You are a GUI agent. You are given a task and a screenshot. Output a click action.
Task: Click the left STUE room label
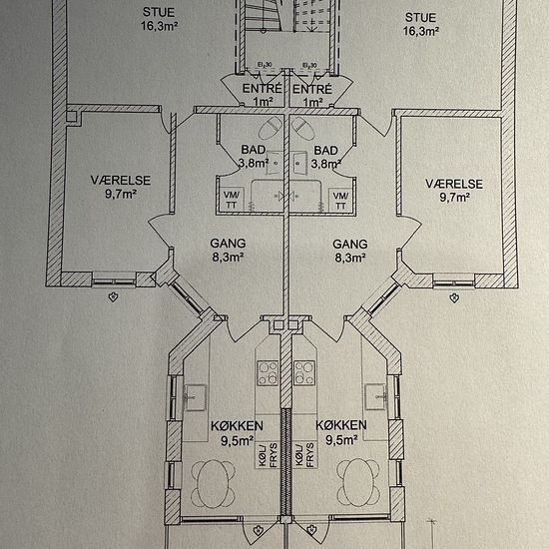point(159,12)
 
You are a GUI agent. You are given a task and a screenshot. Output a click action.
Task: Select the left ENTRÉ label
point(263,89)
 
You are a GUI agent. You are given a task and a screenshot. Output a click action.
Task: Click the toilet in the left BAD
point(271,128)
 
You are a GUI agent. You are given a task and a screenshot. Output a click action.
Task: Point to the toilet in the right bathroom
point(303,128)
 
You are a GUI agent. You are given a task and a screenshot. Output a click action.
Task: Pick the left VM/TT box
point(232,200)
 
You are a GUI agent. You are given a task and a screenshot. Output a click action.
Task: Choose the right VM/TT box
point(340,201)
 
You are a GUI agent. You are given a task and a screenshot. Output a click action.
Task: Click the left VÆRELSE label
point(121,181)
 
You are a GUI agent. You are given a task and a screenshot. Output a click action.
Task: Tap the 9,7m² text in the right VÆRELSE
point(454,198)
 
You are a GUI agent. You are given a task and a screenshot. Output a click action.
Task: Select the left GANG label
point(228,243)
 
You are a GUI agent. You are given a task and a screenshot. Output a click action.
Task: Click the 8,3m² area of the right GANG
point(350,259)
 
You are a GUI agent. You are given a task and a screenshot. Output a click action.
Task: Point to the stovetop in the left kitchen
point(268,373)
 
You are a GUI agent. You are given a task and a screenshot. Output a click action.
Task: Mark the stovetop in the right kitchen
point(304,373)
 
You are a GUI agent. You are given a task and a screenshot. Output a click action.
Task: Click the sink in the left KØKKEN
point(195,397)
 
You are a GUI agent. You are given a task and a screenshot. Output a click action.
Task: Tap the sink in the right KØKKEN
point(375,396)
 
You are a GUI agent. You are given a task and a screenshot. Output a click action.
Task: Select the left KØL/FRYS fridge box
point(268,455)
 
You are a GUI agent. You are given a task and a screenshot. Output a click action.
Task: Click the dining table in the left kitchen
point(213,483)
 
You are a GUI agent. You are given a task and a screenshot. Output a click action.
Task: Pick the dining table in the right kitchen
point(357,483)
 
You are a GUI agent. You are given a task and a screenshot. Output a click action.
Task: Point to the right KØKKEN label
point(341,425)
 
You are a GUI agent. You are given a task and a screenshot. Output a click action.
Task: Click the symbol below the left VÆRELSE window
point(113,297)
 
